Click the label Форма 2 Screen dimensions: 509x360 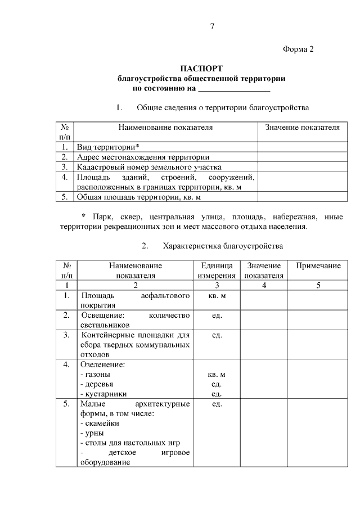[x=298, y=49]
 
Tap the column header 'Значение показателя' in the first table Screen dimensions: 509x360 [x=302, y=128]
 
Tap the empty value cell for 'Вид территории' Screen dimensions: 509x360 [x=302, y=147]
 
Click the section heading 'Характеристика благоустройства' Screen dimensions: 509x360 [x=223, y=246]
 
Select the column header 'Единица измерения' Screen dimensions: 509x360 [x=216, y=270]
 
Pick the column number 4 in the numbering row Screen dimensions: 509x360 [x=264, y=285]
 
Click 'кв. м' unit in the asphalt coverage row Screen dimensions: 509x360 [x=217, y=295]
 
